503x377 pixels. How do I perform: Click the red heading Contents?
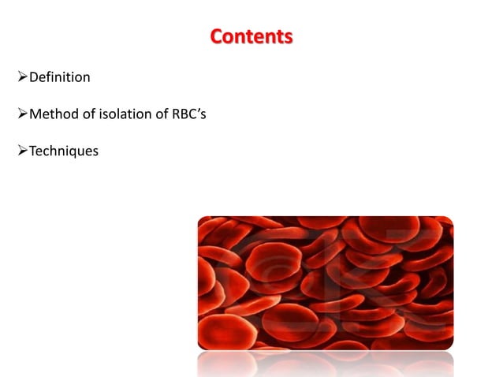(251, 36)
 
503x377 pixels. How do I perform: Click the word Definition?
(59, 77)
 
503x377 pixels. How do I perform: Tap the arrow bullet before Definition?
(22, 77)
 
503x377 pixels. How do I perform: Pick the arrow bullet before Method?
(22, 114)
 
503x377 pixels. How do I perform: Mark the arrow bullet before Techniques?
(22, 151)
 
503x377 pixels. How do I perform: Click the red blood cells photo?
(325, 282)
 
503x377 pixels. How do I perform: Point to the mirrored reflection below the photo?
(325, 364)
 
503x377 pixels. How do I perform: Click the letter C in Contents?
(217, 36)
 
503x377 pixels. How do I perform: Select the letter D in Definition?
(33, 77)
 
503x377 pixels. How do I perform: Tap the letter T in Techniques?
(32, 151)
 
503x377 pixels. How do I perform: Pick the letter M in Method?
(35, 114)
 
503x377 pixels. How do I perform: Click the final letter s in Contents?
(289, 37)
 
